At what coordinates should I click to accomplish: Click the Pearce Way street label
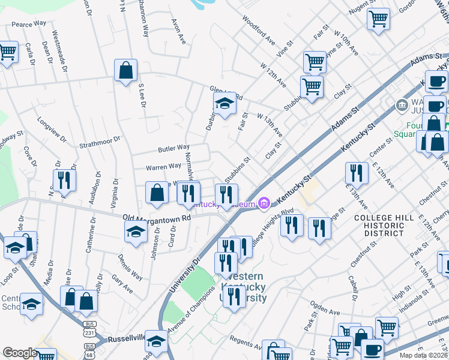click(29, 23)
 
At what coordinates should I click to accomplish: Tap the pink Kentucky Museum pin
click(264, 205)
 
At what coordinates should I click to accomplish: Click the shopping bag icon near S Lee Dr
click(125, 71)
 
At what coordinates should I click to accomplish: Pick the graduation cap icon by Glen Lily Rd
click(224, 105)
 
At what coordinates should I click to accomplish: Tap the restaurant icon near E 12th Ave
click(357, 173)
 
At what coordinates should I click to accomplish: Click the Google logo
click(20, 353)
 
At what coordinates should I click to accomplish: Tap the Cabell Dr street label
click(352, 287)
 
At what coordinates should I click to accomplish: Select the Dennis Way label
click(130, 268)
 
